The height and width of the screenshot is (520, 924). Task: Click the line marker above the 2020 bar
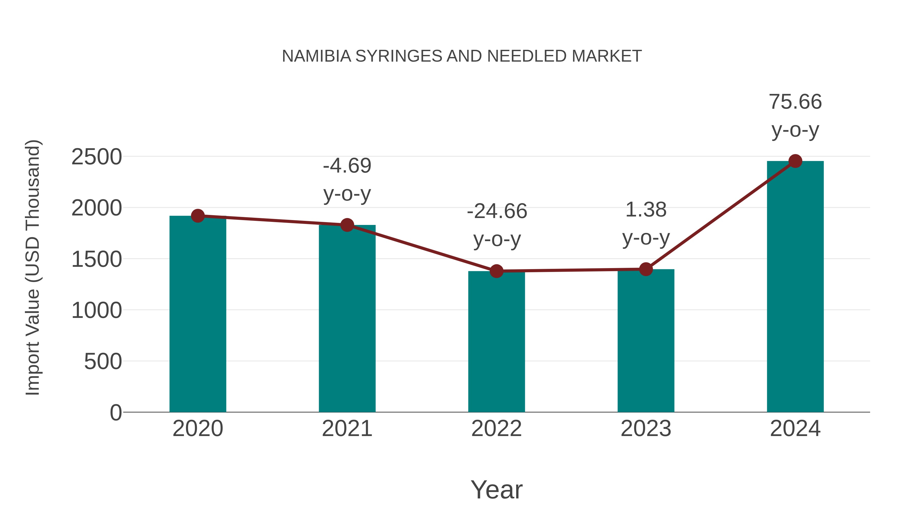click(x=198, y=216)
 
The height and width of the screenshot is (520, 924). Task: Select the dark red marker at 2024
click(x=795, y=161)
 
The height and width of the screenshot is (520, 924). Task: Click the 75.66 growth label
click(x=795, y=102)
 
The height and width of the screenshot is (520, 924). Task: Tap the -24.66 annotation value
click(x=497, y=211)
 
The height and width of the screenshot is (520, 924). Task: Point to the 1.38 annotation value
click(x=646, y=210)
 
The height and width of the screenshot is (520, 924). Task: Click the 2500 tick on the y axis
click(x=97, y=157)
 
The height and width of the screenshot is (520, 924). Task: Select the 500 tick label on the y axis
click(x=103, y=361)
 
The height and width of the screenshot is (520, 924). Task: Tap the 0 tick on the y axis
click(x=116, y=413)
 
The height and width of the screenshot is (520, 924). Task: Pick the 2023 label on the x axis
click(x=646, y=429)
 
